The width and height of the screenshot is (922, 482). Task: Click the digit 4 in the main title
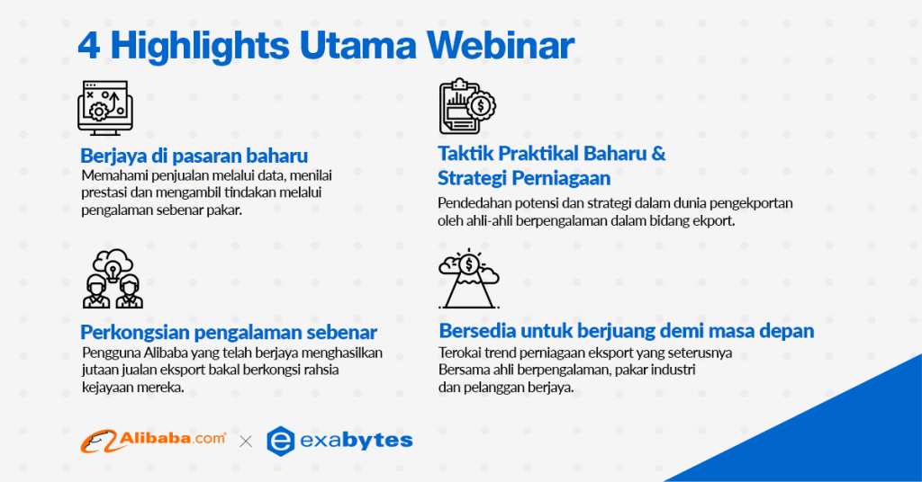[89, 46]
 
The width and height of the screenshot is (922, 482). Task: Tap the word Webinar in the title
[500, 45]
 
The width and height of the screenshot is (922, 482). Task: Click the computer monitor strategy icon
[105, 108]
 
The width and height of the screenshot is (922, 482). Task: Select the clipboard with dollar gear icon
[467, 106]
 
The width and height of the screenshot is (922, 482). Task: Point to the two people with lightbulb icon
[113, 278]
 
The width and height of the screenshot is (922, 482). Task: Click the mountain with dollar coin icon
[468, 278]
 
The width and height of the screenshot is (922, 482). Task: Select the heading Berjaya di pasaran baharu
[194, 156]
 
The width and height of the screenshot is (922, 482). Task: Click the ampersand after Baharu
[658, 153]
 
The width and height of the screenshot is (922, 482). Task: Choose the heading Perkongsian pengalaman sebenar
[229, 333]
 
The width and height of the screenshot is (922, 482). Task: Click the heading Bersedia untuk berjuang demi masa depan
[627, 331]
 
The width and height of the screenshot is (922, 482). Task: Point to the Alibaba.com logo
[153, 441]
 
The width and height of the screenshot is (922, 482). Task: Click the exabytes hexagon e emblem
[281, 441]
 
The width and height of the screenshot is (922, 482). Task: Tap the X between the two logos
[246, 442]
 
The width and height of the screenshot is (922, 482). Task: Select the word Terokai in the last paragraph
[456, 353]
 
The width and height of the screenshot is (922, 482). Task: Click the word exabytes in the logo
[357, 441]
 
